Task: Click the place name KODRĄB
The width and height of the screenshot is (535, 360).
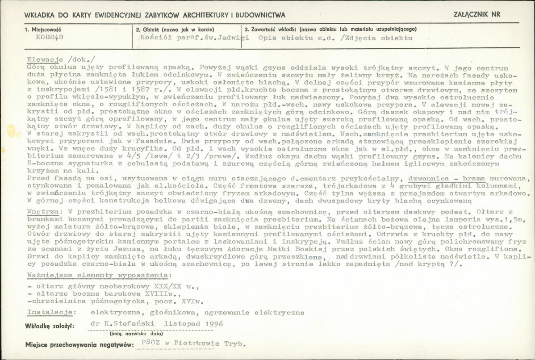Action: (x=49, y=38)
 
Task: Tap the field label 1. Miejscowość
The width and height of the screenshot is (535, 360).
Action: (x=43, y=29)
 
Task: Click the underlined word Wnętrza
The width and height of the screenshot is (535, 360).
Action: (x=41, y=209)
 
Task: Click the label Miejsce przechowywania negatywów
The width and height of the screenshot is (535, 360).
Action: (x=79, y=345)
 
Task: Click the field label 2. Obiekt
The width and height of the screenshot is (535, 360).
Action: (x=159, y=29)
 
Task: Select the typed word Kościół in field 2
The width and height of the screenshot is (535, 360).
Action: (x=155, y=38)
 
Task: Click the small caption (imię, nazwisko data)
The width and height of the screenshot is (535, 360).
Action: (x=136, y=333)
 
